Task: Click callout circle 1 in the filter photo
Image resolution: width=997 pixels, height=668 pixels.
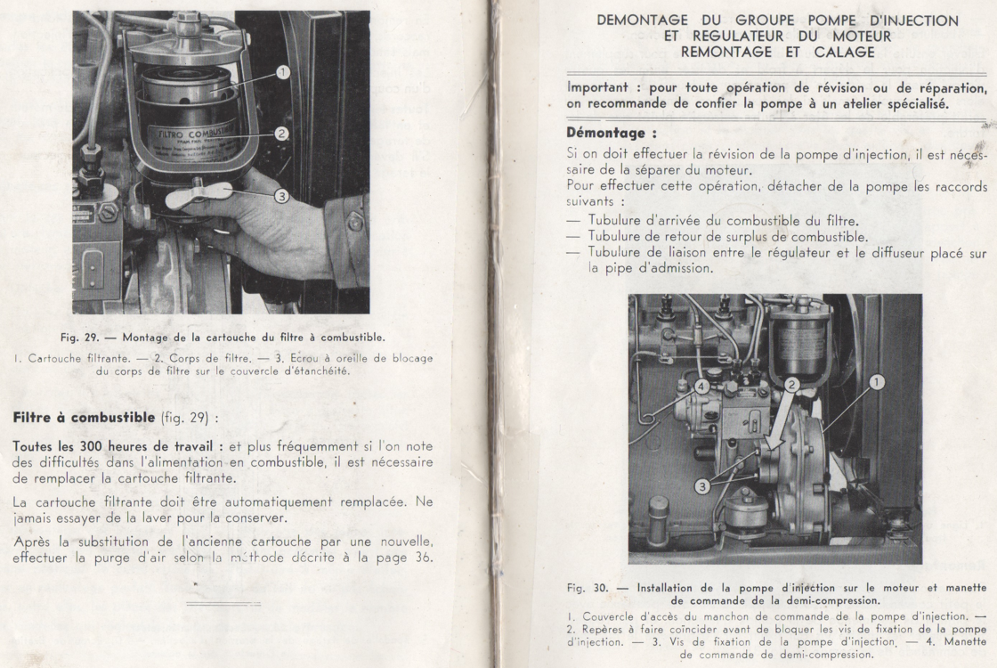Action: tap(283, 72)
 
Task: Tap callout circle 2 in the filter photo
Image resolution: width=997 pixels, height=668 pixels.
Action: tap(281, 134)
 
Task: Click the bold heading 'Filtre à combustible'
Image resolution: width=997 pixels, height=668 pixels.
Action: tap(73, 417)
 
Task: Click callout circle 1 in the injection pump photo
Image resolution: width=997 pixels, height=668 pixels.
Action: tap(877, 382)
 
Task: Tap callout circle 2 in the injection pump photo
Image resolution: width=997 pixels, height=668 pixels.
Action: tap(791, 385)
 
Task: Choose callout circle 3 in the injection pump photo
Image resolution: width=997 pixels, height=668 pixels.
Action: tap(703, 486)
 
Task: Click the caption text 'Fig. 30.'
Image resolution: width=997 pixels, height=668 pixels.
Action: tap(585, 587)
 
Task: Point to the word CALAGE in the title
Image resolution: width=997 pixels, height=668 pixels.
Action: tap(844, 53)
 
